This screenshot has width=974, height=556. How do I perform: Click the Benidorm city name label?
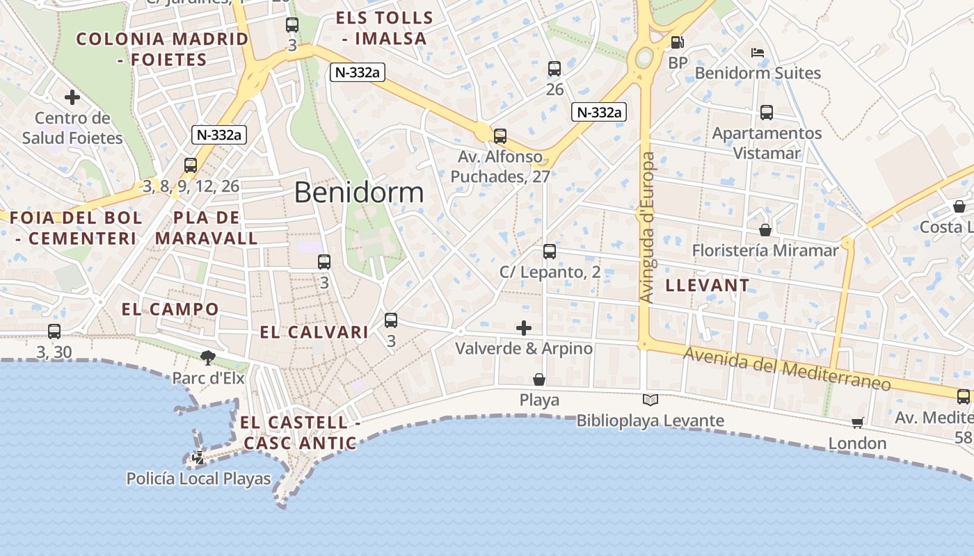pos(358,192)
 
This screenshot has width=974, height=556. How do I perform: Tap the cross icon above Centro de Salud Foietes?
pos(72,97)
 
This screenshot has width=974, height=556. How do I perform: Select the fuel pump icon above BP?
pos(677,42)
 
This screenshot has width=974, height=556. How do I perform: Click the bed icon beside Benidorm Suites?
pos(758,53)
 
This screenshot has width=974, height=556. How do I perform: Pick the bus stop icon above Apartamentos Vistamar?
pos(767,112)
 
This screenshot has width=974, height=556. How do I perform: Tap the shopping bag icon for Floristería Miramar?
pos(765,229)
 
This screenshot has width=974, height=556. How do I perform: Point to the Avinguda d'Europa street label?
pos(647,228)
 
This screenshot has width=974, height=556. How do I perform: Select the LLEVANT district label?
pos(708,285)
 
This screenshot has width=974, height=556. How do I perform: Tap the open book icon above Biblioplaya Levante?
pos(650,400)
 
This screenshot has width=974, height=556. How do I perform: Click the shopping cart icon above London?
pos(857,423)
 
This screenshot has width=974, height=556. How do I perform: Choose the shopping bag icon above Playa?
pos(539,379)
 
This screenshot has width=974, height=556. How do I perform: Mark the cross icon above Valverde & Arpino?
pos(524,328)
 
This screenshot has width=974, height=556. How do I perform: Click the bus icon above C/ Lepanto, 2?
pos(550,251)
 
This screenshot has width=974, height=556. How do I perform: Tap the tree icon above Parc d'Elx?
pos(207,358)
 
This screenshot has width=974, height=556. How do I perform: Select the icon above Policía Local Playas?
pos(198,457)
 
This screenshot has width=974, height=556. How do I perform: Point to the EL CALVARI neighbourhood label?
pos(314,332)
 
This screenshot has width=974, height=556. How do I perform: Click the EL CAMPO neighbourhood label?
pos(170,309)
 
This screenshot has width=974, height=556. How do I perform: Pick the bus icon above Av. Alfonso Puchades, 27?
pos(500,136)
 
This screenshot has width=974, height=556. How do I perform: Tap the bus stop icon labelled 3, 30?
pos(54,332)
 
